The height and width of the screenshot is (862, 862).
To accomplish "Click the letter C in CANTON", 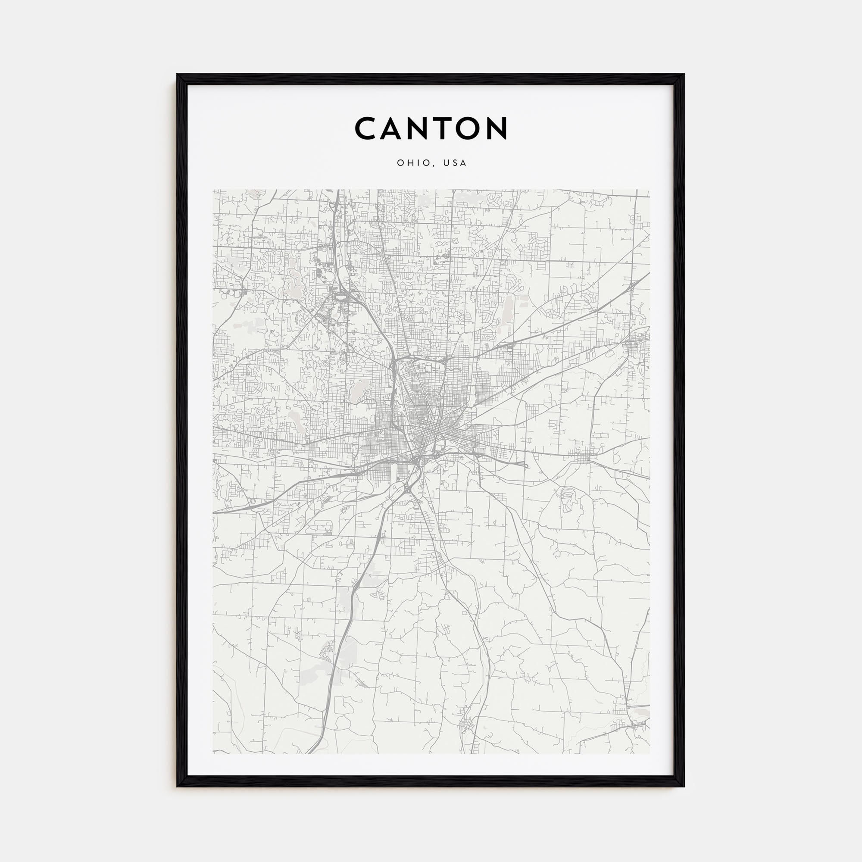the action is (x=366, y=128).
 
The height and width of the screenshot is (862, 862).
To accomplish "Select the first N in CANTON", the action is (x=427, y=128).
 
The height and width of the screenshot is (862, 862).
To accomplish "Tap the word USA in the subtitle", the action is (x=455, y=163).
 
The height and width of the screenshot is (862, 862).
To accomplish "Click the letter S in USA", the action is (x=455, y=163).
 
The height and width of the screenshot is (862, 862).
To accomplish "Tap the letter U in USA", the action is (x=446, y=163).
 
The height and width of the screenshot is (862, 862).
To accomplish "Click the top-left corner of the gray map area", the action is (x=213, y=190).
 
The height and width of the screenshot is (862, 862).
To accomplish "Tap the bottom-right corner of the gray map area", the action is (x=649, y=753).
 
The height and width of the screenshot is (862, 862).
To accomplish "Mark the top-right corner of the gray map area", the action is (x=649, y=190).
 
